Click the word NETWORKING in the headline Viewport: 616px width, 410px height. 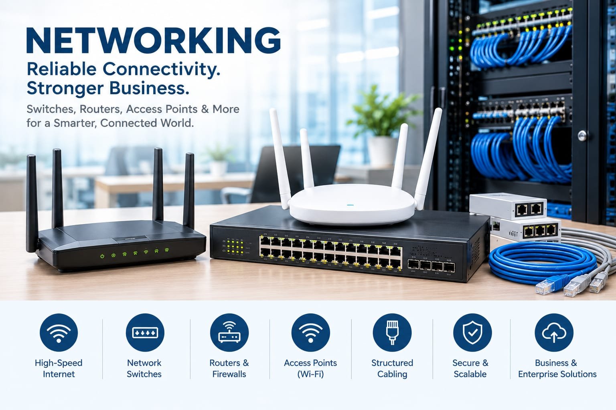click(x=154, y=40)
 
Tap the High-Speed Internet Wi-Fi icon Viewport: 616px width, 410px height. click(x=59, y=333)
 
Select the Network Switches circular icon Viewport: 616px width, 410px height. click(x=145, y=333)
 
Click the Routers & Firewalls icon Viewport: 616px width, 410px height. click(x=229, y=333)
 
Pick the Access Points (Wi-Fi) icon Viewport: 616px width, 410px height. click(x=310, y=333)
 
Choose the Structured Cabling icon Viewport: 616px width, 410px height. click(x=392, y=333)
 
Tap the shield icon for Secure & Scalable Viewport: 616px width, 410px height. click(x=472, y=333)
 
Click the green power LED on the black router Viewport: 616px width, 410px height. click(x=102, y=256)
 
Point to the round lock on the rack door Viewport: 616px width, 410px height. click(x=582, y=136)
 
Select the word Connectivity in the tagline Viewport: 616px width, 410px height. click(x=162, y=69)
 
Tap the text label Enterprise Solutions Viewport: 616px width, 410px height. click(x=557, y=374)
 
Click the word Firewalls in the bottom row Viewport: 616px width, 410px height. click(x=229, y=374)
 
